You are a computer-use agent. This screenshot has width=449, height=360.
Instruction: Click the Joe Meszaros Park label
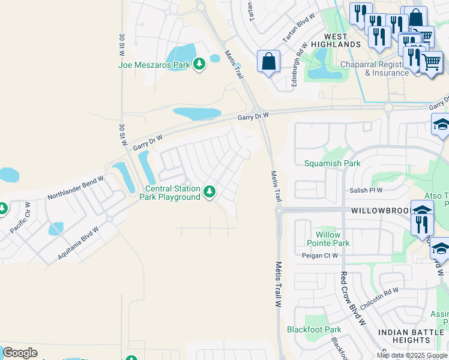point(154,65)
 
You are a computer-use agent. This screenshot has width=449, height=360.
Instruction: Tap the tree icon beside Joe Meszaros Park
point(199,64)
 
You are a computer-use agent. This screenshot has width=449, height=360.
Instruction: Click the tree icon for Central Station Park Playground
point(209,192)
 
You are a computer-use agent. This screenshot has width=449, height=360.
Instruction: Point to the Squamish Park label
point(332,163)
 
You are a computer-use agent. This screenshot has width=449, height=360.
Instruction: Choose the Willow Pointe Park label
point(328,239)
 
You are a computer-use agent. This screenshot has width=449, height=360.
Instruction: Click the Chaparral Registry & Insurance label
point(375,68)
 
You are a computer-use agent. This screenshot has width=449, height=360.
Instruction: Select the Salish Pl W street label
point(366,190)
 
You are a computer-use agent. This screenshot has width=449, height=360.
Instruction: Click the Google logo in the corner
point(20,353)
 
